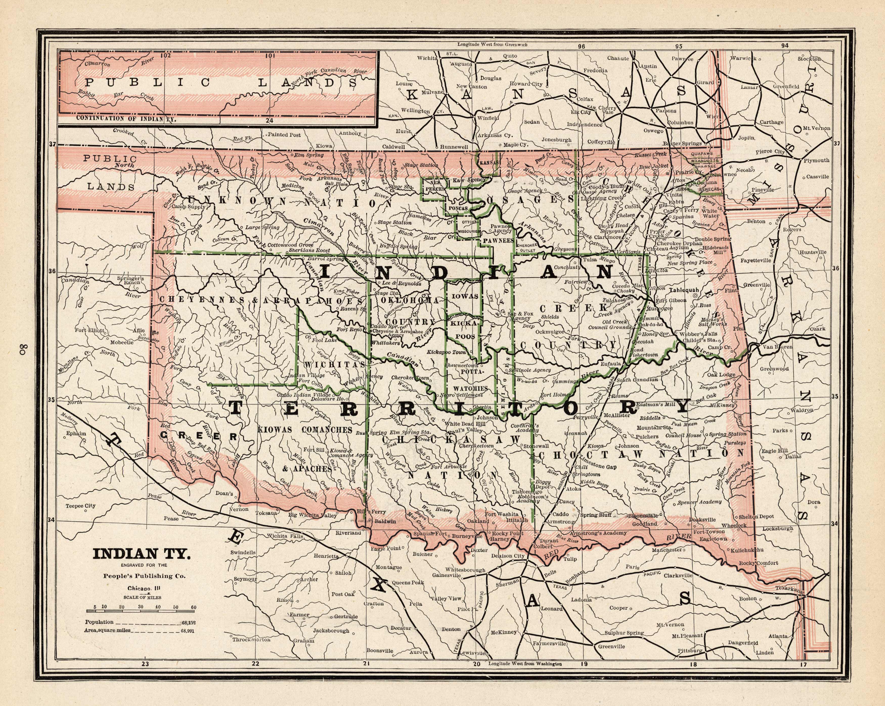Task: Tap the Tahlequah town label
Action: coord(683,290)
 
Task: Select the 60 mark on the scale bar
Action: coord(193,607)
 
